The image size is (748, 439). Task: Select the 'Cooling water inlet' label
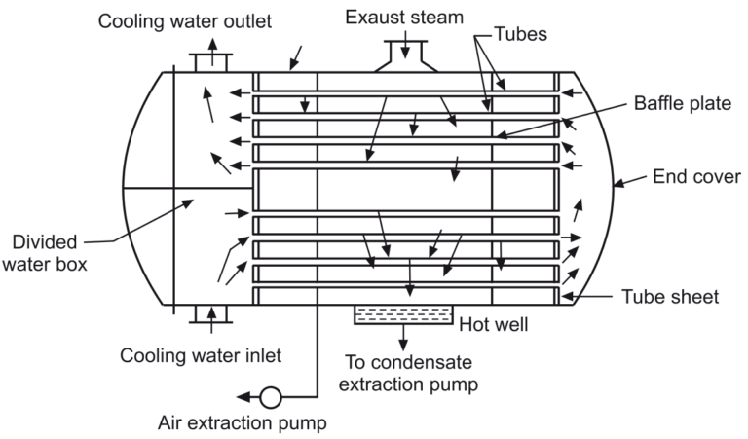(x=201, y=355)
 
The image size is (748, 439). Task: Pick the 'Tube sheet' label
(x=672, y=297)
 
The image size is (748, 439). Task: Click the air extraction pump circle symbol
(x=272, y=397)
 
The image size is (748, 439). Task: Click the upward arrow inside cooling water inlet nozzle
(x=209, y=315)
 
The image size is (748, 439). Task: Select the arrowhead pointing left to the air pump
(x=246, y=397)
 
